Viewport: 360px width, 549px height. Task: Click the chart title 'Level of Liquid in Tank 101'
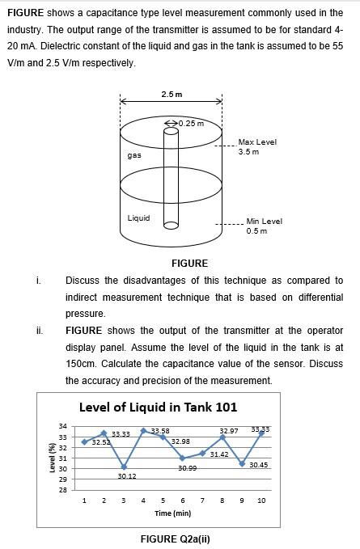pos(158,407)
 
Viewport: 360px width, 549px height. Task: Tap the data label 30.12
pos(126,476)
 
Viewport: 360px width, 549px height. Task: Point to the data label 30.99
pos(187,468)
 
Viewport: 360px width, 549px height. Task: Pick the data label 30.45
pos(259,465)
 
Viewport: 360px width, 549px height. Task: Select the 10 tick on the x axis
pos(261,501)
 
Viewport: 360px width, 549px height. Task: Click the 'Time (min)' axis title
pos(172,513)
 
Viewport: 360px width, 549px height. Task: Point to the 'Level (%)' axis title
pos(52,458)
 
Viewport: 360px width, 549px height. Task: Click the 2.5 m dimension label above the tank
pos(172,94)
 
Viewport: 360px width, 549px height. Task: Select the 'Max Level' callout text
pos(257,142)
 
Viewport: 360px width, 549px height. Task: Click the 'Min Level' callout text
pos(265,221)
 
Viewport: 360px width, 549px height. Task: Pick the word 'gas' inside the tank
pos(134,154)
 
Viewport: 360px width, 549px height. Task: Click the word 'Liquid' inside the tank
pos(138,217)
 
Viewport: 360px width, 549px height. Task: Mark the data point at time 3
pos(124,467)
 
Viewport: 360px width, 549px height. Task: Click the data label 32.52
pos(101,443)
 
